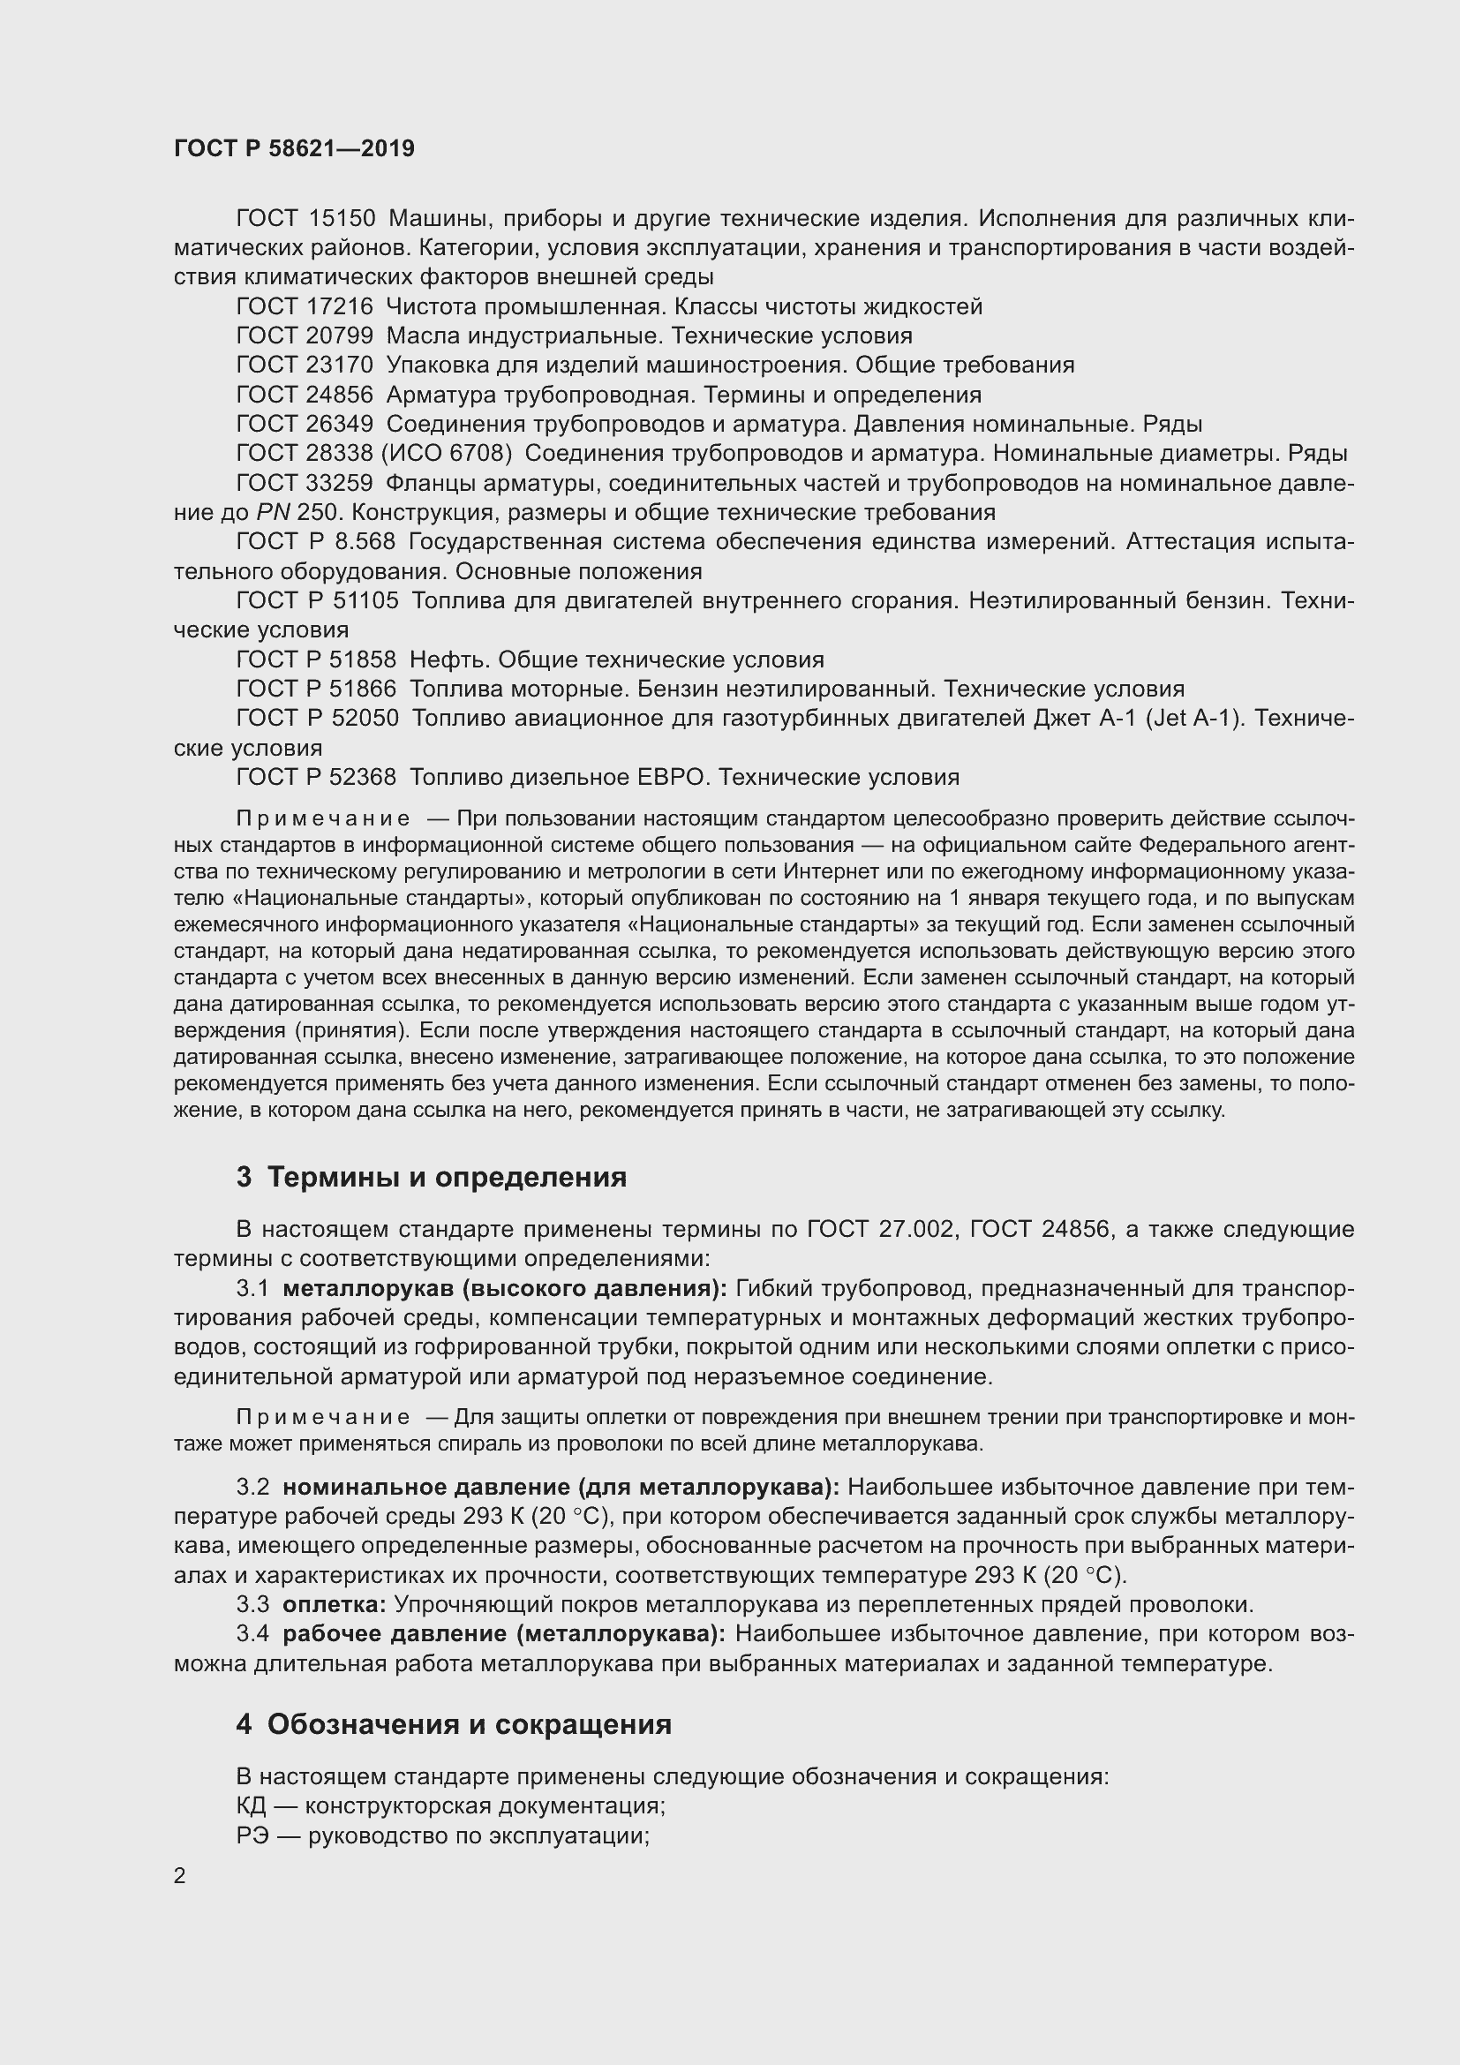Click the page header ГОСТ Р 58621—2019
click(294, 148)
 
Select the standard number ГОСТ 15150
click(304, 219)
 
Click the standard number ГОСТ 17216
click(304, 306)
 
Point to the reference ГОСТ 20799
click(304, 336)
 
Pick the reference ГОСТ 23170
click(304, 366)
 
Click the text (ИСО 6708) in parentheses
click(447, 453)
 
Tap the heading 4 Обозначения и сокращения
click(454, 1724)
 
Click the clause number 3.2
click(252, 1487)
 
